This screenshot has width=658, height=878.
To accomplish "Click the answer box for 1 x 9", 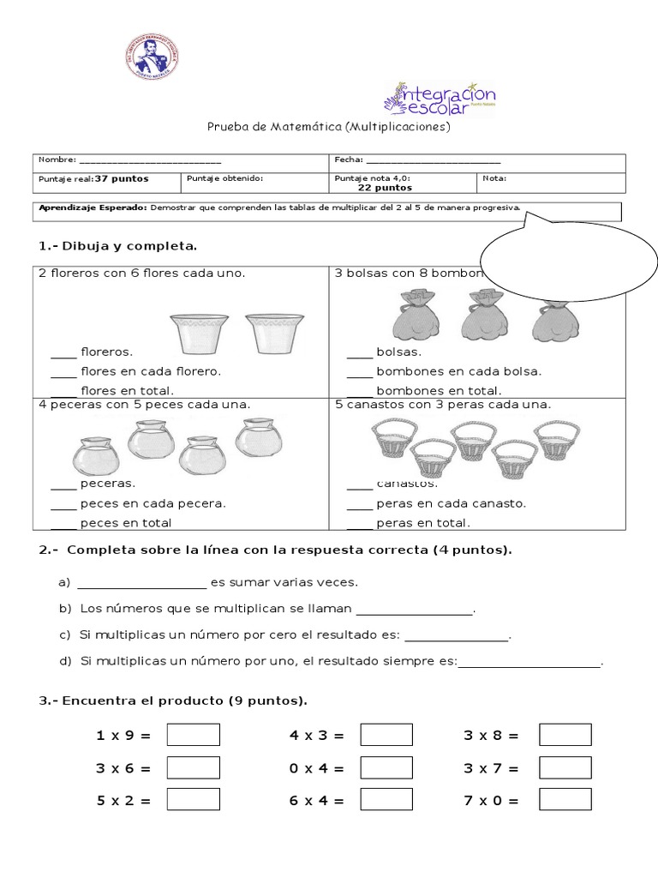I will click(x=193, y=735).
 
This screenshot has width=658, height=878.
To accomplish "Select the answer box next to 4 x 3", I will click(x=386, y=735).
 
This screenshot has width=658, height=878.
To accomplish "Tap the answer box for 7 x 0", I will click(x=565, y=799).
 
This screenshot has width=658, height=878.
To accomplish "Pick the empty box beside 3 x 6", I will click(x=193, y=767).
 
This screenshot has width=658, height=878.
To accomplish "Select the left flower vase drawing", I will click(x=200, y=333).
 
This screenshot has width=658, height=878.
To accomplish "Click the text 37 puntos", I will click(x=122, y=178).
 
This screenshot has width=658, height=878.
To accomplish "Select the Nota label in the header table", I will click(x=494, y=178).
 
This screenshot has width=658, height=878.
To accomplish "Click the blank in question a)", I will click(x=142, y=586).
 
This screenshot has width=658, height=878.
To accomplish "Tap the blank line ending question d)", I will click(x=530, y=664).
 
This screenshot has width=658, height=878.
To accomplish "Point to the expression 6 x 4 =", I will click(x=316, y=801).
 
